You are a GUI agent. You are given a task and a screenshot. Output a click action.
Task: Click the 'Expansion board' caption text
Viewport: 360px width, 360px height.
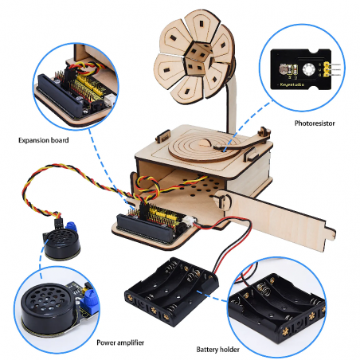point(44,139)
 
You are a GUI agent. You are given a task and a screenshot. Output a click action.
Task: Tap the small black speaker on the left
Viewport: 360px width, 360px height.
point(57,242)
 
